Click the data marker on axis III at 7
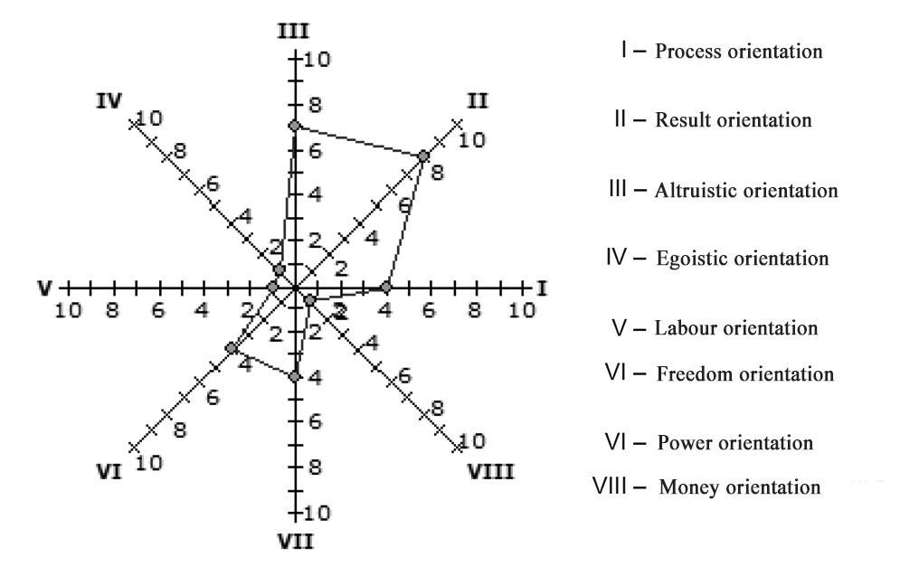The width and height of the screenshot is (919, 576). pos(294,125)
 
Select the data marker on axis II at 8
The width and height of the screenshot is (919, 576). pos(423,156)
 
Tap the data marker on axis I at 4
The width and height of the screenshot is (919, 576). pos(386,288)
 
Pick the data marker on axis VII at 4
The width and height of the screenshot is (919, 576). pos(294,376)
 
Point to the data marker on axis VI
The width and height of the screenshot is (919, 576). pos(231,348)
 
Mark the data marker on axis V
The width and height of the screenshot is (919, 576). pos(272,288)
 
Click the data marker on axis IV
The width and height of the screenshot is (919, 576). pos(279,270)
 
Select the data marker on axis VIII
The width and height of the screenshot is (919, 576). pos(308,299)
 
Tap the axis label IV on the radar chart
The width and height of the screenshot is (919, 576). pos(109,100)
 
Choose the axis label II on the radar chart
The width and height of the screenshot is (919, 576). pos(477,100)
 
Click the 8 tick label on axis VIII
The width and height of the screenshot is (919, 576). pos(437,408)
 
